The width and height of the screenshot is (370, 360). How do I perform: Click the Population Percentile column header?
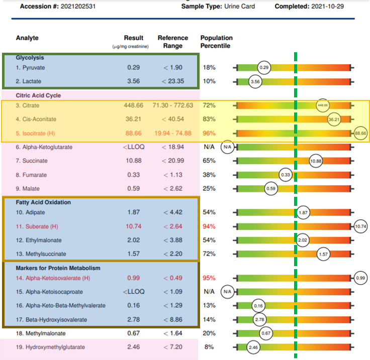coord(216,42)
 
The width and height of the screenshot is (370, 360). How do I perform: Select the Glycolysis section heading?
coord(30,58)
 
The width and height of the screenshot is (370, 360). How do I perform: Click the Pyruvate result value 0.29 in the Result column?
coord(133,67)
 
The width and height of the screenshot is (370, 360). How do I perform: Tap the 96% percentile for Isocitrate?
coord(209,133)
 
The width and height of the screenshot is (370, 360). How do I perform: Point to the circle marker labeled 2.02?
coord(303,241)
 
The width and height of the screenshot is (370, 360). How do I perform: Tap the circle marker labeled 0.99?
coord(360,278)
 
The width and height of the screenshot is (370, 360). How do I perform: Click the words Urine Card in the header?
coord(240,7)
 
